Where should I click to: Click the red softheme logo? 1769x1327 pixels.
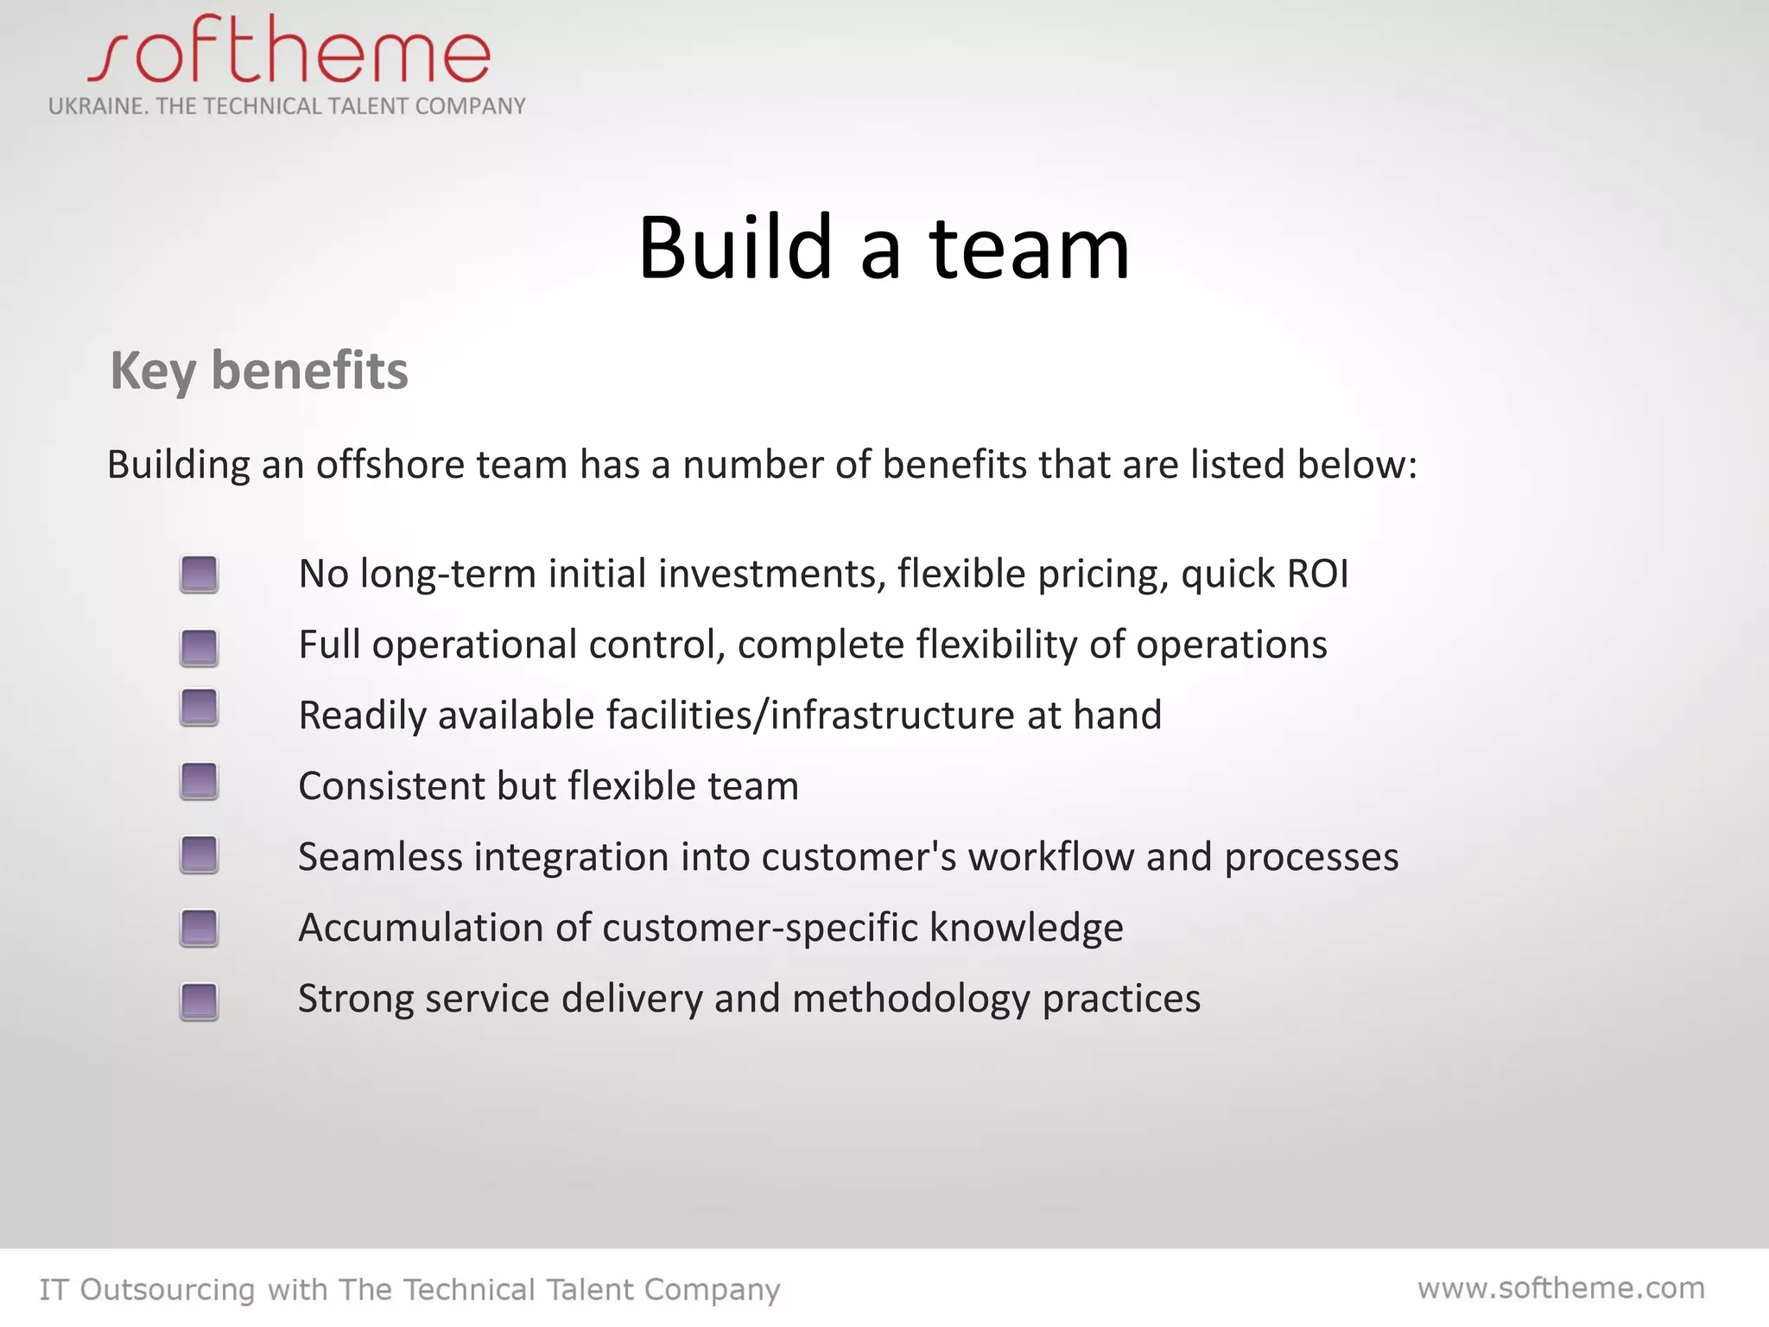(289, 50)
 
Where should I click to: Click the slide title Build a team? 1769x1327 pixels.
(884, 248)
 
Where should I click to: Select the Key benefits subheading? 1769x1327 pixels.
(259, 371)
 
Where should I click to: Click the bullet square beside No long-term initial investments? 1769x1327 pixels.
(199, 575)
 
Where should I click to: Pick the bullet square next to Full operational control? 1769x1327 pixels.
(199, 648)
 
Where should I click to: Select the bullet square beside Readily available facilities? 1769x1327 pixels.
(199, 708)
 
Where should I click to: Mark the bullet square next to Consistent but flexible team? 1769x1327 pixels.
(199, 781)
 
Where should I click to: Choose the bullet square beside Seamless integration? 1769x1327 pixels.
(199, 854)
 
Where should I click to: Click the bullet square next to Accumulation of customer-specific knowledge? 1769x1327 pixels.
(199, 928)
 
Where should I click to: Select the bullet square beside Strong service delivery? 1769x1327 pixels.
(199, 1001)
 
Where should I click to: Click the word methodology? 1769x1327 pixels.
(911, 1000)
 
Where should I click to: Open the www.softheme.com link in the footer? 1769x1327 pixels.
(1561, 1288)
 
